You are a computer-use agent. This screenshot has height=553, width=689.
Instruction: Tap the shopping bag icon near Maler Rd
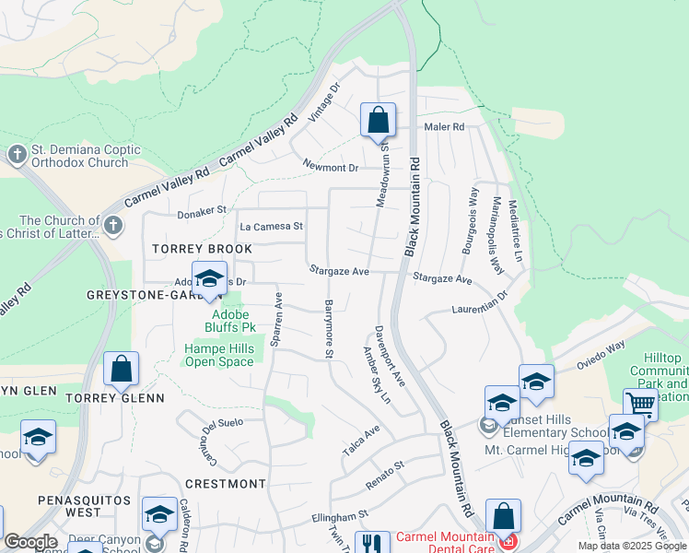pyautogui.click(x=378, y=120)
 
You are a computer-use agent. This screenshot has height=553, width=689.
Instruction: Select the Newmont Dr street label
pyautogui.click(x=331, y=168)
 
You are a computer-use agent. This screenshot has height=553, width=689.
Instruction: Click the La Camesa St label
pyautogui.click(x=271, y=226)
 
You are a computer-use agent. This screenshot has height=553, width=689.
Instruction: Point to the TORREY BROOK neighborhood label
pyautogui.click(x=203, y=250)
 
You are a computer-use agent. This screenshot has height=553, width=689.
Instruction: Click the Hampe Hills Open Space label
pyautogui.click(x=218, y=355)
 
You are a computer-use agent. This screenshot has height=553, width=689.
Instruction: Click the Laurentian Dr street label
pyautogui.click(x=480, y=303)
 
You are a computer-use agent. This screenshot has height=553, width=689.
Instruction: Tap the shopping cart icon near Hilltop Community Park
pyautogui.click(x=640, y=404)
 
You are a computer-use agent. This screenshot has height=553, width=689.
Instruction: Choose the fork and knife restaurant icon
pyautogui.click(x=372, y=544)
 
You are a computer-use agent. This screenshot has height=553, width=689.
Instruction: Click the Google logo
pyautogui.click(x=29, y=542)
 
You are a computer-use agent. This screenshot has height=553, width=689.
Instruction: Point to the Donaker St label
pyautogui.click(x=202, y=210)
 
